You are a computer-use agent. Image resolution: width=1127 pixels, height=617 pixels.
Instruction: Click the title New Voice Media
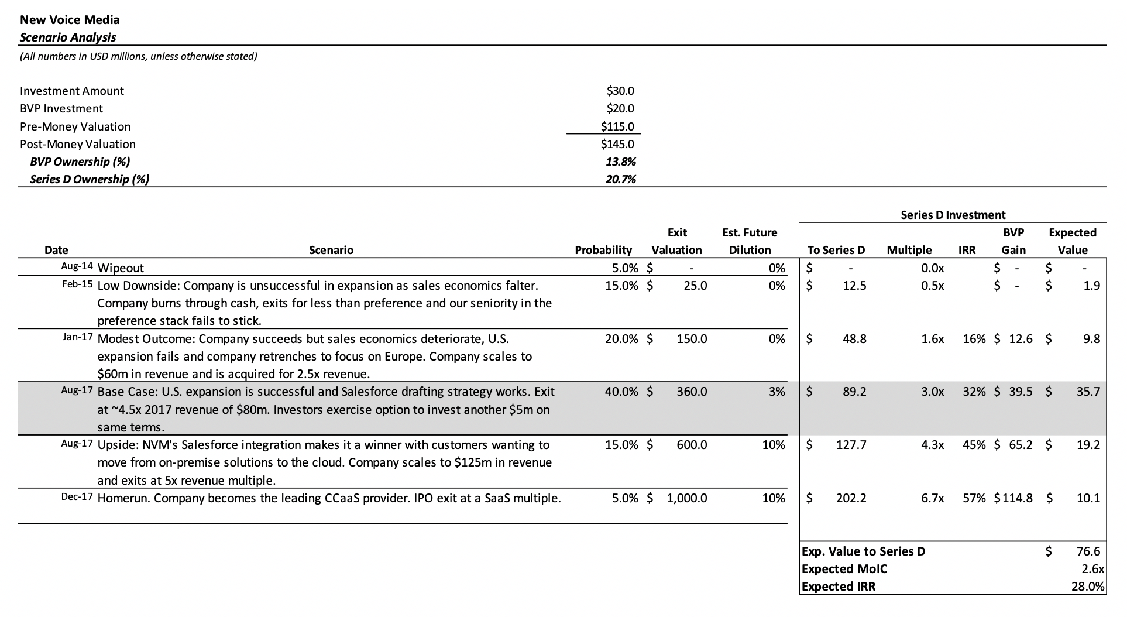pyautogui.click(x=70, y=20)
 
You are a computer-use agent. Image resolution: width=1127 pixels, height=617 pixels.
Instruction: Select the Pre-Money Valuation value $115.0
pyautogui.click(x=617, y=126)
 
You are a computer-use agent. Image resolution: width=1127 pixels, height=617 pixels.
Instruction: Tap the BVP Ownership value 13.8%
pyautogui.click(x=620, y=162)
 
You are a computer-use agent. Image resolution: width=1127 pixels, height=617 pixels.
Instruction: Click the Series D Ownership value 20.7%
pyautogui.click(x=620, y=179)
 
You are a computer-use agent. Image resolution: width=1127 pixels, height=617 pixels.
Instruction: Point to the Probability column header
pyautogui.click(x=603, y=250)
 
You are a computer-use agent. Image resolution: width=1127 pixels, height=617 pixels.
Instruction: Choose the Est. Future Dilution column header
pyautogui.click(x=750, y=241)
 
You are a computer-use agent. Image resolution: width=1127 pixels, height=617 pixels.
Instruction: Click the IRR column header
pyautogui.click(x=967, y=250)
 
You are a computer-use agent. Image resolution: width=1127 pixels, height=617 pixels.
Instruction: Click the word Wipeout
pyautogui.click(x=121, y=268)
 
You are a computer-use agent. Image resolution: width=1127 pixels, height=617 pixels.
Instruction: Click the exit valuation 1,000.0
pyautogui.click(x=686, y=498)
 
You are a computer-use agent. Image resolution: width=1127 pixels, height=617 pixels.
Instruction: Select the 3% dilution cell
pyautogui.click(x=776, y=392)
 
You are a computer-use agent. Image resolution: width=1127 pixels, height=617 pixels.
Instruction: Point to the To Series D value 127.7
pyautogui.click(x=851, y=445)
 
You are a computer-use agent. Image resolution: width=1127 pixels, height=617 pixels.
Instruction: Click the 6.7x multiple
pyautogui.click(x=932, y=498)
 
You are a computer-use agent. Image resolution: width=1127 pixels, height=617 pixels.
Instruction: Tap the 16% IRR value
pyautogui.click(x=974, y=339)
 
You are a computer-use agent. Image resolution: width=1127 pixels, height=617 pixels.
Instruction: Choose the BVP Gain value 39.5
pyautogui.click(x=1021, y=392)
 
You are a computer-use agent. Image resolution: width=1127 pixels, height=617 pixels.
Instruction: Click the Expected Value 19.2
pyautogui.click(x=1088, y=445)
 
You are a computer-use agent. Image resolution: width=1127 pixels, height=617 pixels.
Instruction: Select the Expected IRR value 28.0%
pyautogui.click(x=1087, y=587)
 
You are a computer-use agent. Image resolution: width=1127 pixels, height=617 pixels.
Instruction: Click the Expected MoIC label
pyautogui.click(x=844, y=569)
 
